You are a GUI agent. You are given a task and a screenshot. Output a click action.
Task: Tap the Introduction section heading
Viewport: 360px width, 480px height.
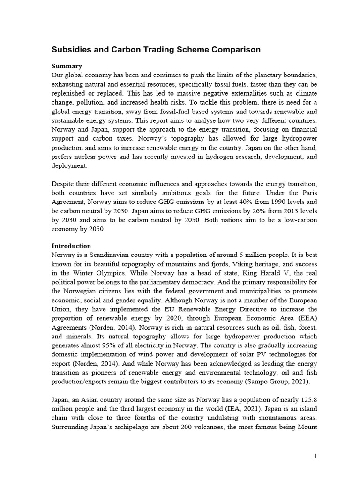[71, 246]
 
